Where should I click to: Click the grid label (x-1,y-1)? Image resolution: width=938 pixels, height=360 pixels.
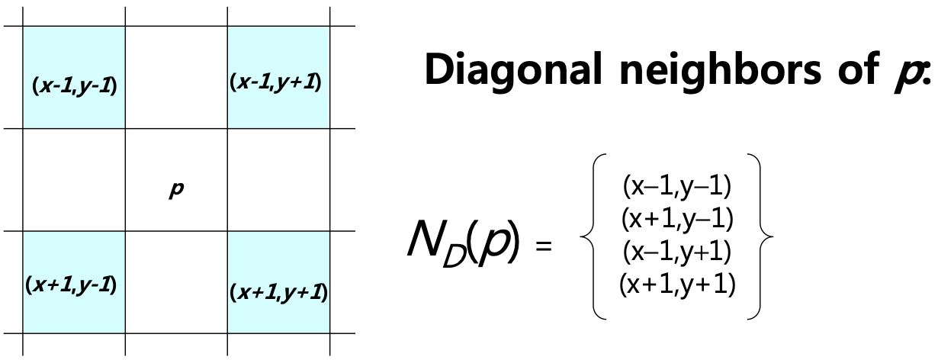pyautogui.click(x=74, y=85)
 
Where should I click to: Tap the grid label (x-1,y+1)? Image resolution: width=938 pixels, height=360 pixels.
pyautogui.click(x=275, y=81)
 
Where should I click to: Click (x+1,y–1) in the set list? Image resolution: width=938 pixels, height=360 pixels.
pyautogui.click(x=677, y=218)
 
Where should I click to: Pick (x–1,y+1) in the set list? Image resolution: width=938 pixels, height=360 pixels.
pyautogui.click(x=677, y=251)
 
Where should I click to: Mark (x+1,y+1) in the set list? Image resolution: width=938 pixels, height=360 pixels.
pyautogui.click(x=677, y=284)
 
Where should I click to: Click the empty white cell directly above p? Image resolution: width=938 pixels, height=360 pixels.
pyautogui.click(x=175, y=77)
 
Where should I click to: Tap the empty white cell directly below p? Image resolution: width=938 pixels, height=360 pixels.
pyautogui.click(x=175, y=281)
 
